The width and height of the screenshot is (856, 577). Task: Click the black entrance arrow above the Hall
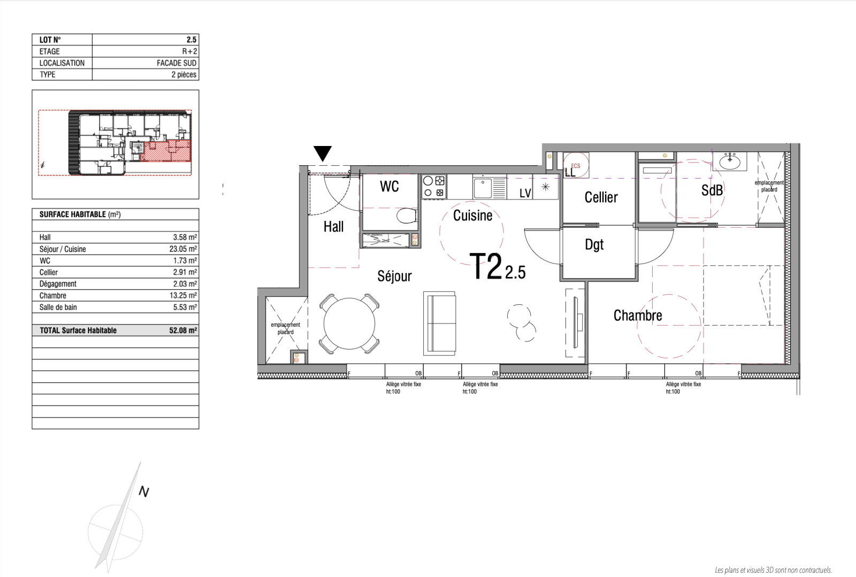point(323,153)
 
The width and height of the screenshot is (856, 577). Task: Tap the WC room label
point(389,186)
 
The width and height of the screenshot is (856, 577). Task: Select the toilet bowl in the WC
point(407,216)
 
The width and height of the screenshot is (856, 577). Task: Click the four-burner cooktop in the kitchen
point(434,187)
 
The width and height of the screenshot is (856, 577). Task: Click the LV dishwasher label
point(525,193)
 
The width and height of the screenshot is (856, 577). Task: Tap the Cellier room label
point(601,197)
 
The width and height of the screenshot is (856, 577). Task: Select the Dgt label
point(594,245)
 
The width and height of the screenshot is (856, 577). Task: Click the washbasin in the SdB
point(730,161)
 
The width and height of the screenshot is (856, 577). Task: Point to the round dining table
point(349,324)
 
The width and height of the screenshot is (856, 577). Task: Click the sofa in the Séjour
point(439,324)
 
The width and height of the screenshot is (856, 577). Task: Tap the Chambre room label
point(638,316)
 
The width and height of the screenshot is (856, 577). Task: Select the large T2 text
point(486,266)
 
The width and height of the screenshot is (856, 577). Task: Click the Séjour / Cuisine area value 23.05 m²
point(183,249)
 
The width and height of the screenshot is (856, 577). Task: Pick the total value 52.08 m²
point(183,330)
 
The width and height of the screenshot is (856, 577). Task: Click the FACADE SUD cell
point(177,63)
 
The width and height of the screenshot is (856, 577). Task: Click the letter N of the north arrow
point(144,491)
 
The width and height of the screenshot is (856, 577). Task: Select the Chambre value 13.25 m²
point(184,296)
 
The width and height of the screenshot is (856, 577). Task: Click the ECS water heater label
point(576,166)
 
